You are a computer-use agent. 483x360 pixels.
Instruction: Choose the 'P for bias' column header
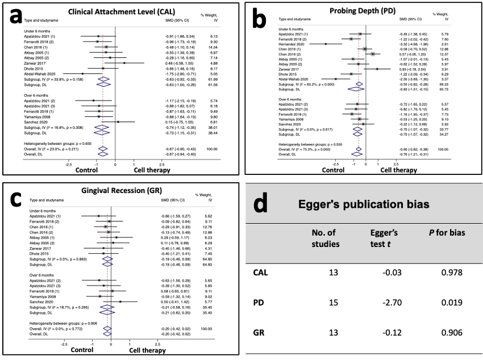click(447, 233)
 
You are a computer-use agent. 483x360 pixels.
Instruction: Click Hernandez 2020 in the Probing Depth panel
click(292, 44)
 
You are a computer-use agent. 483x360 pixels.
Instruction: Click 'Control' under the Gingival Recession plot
click(82, 350)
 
